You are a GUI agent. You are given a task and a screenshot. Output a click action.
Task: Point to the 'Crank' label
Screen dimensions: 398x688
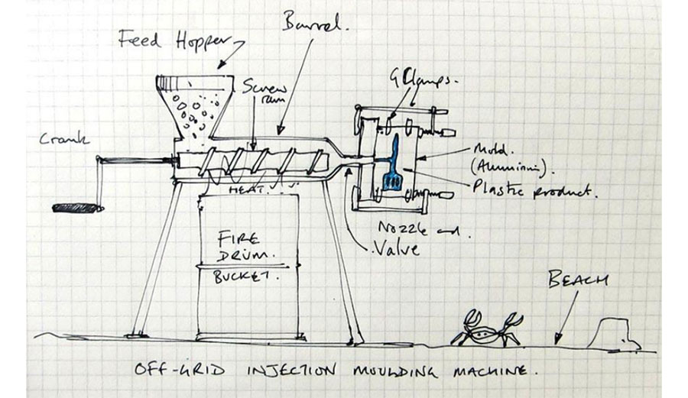click(66, 139)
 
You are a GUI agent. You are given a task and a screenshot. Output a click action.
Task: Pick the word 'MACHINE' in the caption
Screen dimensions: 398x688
click(489, 371)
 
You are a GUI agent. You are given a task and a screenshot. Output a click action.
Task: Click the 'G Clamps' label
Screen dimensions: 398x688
click(418, 79)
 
